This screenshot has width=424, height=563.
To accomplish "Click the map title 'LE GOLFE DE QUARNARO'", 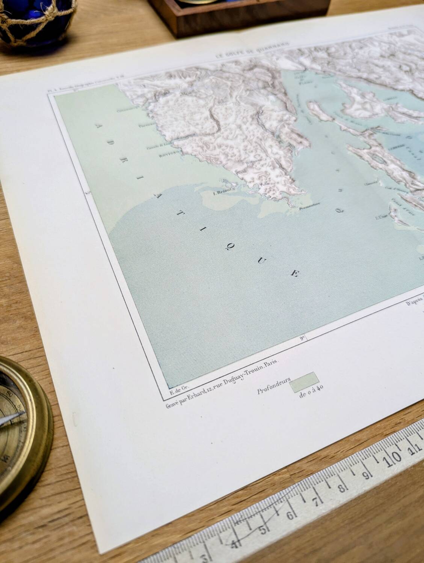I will [252, 54].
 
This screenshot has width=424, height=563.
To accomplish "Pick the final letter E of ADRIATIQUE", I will [294, 274].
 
